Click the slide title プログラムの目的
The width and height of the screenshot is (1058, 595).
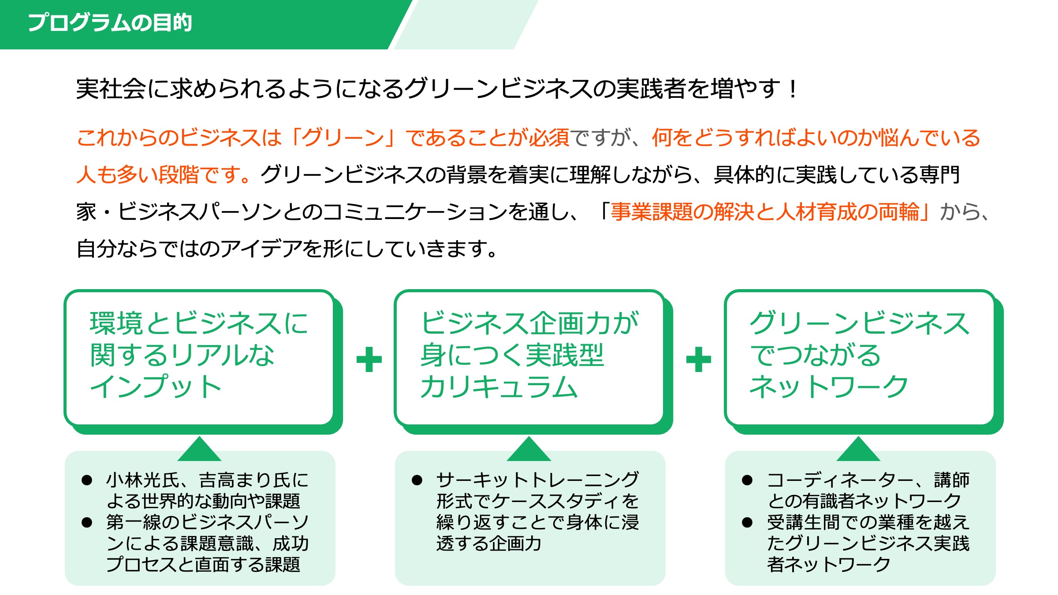(110, 22)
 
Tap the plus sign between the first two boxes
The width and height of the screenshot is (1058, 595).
(369, 359)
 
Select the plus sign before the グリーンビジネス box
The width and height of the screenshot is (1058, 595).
(699, 359)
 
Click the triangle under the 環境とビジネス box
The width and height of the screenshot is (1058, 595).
(199, 449)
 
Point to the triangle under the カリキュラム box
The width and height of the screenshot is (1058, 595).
(529, 449)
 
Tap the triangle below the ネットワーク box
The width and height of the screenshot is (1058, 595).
(858, 449)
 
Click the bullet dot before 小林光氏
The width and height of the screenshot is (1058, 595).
(87, 480)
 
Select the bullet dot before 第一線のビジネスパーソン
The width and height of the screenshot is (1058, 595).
(87, 523)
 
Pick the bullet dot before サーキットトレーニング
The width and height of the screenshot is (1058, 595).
(417, 480)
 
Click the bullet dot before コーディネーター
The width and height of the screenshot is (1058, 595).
(747, 480)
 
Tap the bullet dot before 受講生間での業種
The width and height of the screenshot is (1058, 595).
(747, 523)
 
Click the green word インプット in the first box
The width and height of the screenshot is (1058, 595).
(155, 387)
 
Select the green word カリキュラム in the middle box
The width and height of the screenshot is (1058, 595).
(499, 387)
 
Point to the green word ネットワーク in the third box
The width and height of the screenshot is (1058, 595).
(829, 387)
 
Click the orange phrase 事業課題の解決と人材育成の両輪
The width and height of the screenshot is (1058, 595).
(764, 212)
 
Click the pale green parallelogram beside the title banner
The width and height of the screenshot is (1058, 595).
(466, 25)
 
